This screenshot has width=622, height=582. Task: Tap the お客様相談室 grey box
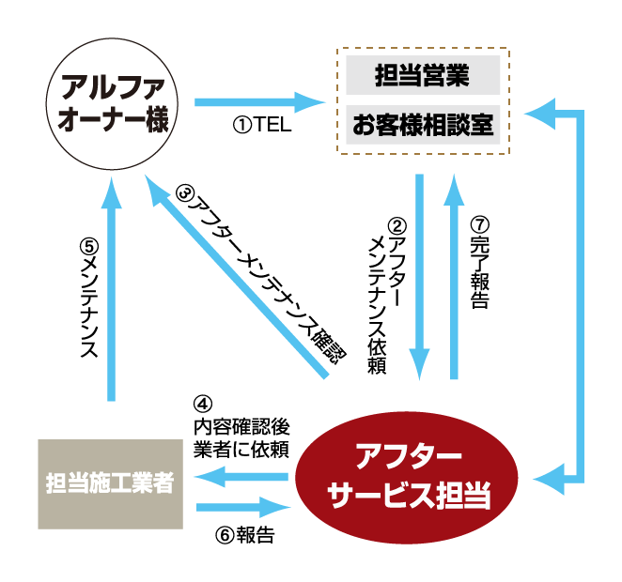pos(422,124)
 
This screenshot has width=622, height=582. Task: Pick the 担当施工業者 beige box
pos(111,482)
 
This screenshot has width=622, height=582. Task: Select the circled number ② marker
pos(396,225)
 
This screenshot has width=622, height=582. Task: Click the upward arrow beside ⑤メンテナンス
pos(114,291)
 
